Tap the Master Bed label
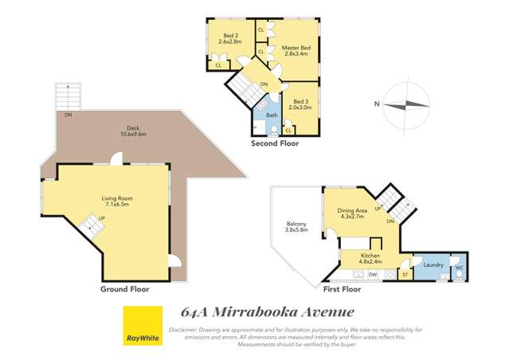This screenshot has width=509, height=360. click(294, 49)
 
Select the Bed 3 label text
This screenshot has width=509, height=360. click(300, 102)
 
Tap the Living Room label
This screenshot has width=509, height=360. click(116, 200)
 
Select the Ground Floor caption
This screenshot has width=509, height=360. click(124, 289)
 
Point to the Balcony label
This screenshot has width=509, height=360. click(296, 228)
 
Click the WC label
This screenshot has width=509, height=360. click(458, 268)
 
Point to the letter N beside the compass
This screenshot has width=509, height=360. click(375, 103)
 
